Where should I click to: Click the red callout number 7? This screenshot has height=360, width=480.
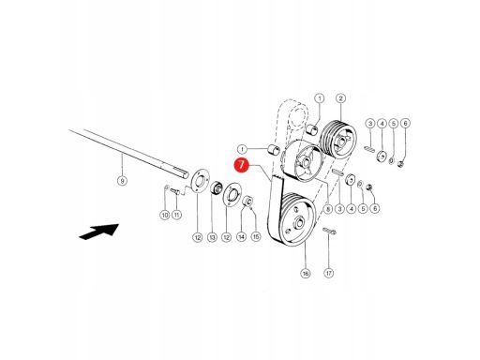[x=242, y=165]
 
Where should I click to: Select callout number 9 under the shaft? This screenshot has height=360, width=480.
[x=122, y=181]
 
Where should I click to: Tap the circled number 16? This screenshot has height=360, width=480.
[x=306, y=274]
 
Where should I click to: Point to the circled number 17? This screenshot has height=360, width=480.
[x=328, y=274]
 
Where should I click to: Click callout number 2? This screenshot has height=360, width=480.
[x=340, y=98]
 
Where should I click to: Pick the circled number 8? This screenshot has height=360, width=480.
[x=327, y=208]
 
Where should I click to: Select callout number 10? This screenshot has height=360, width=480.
[x=165, y=215]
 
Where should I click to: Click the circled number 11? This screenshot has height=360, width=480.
[x=177, y=215]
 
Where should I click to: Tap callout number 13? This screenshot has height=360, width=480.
[x=212, y=237]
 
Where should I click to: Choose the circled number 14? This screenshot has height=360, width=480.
[x=241, y=237]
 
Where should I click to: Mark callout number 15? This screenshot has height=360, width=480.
[x=256, y=236]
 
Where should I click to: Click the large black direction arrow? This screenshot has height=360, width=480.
[x=98, y=232]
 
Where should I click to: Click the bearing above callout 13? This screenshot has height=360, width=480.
[x=216, y=188]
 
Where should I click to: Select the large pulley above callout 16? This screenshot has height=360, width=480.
[x=296, y=219]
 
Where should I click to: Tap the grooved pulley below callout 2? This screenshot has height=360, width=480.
[x=338, y=139]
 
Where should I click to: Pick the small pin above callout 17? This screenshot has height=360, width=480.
[x=329, y=231]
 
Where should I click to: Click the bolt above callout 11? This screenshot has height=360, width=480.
[x=175, y=191]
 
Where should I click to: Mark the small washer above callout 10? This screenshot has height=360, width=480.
[x=167, y=187]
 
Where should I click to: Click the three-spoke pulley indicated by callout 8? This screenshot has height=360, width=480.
[x=303, y=160]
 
